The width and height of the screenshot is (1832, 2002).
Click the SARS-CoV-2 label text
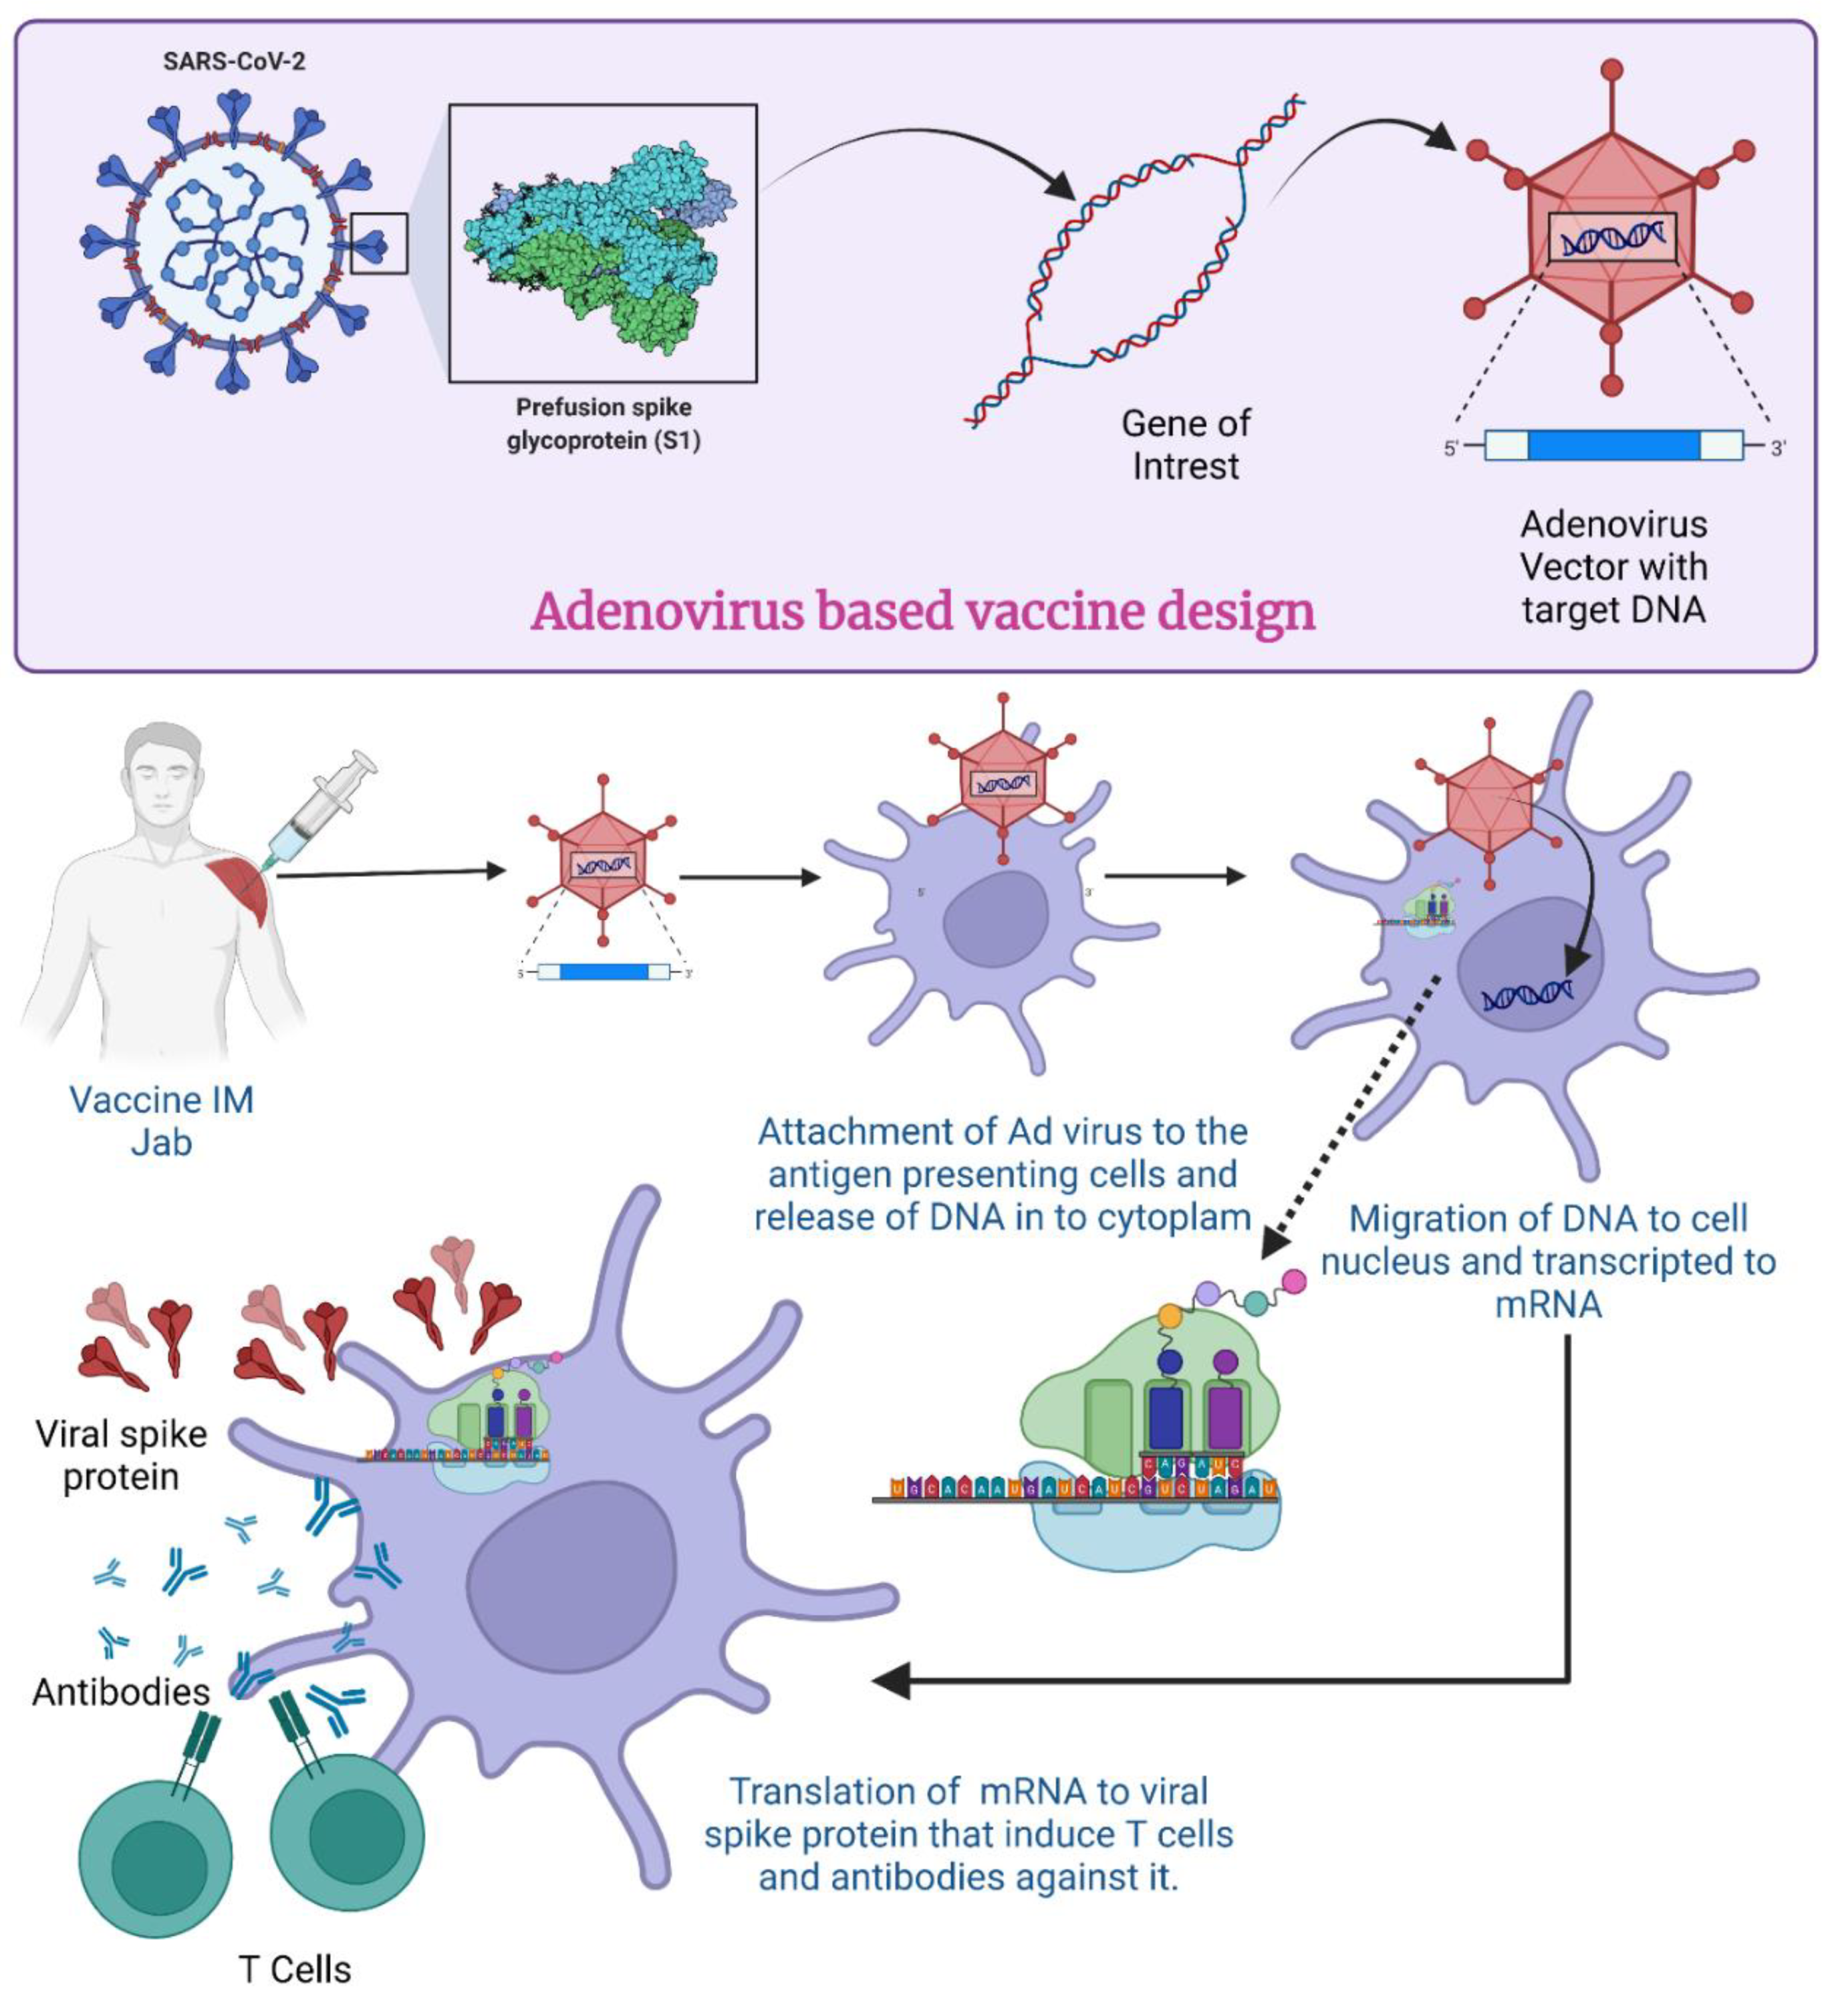(235, 61)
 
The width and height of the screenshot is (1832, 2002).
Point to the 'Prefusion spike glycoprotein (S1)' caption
(603, 424)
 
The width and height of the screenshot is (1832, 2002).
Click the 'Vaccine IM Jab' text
(161, 1121)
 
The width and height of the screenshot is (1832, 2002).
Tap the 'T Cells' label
(295, 1969)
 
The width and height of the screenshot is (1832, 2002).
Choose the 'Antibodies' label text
(121, 1692)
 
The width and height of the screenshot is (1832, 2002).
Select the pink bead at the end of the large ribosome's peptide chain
(1294, 1281)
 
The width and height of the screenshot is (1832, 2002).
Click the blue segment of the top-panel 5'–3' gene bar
(1613, 446)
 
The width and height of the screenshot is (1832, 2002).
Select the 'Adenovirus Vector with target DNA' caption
(1613, 567)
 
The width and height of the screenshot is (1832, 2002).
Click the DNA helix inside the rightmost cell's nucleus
(1526, 994)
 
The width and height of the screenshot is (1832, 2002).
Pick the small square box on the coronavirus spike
(378, 243)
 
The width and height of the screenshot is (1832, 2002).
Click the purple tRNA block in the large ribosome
(1224, 1416)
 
